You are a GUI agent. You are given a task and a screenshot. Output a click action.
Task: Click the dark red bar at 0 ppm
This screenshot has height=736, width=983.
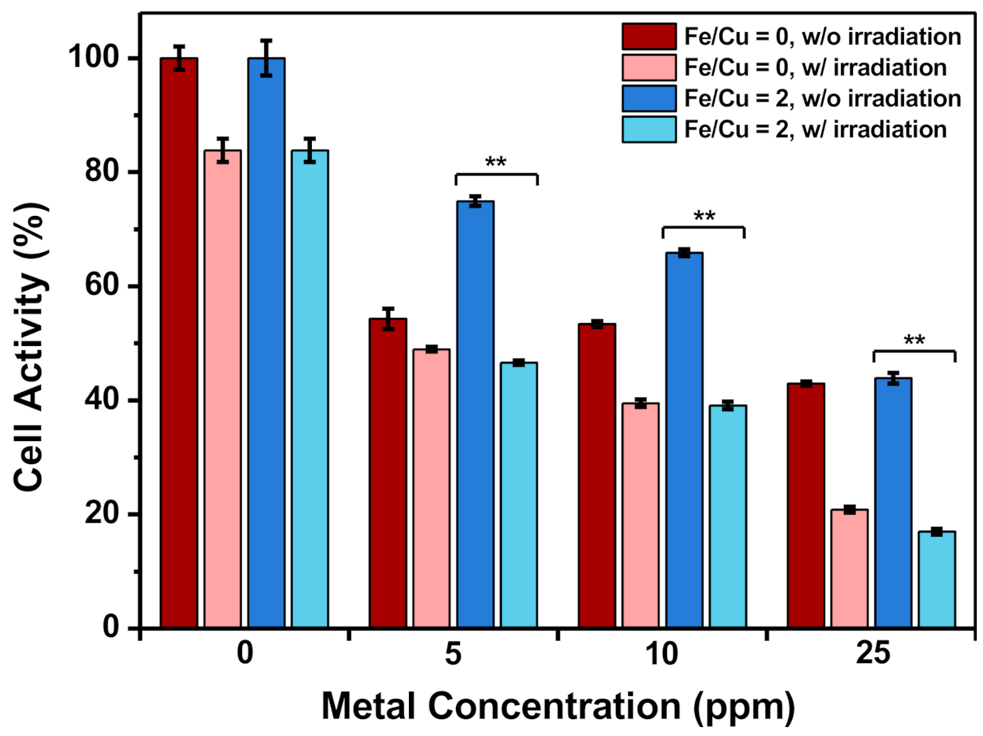(179, 342)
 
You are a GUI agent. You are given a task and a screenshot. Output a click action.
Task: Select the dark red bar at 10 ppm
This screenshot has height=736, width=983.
(597, 475)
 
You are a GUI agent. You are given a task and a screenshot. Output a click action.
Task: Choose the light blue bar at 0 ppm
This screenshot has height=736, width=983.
(310, 389)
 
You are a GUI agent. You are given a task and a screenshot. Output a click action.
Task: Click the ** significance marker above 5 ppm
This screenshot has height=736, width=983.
(496, 162)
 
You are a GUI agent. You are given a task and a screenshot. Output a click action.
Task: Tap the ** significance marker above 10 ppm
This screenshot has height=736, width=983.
(704, 216)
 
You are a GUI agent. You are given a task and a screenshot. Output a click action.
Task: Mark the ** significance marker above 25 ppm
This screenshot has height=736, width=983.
(914, 340)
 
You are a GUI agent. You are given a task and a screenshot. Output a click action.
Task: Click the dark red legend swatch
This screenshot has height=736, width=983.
(649, 36)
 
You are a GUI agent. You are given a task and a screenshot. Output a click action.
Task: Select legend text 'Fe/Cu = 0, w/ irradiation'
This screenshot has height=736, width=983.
(815, 68)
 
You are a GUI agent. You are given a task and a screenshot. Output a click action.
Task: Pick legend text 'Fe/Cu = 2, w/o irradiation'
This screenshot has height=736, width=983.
(822, 99)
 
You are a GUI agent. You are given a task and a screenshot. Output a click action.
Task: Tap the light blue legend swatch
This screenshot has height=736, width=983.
(649, 129)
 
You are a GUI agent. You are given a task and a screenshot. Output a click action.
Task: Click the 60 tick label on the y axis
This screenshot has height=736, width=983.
(101, 286)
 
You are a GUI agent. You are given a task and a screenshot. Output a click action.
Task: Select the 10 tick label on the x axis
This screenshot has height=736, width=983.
(661, 654)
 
